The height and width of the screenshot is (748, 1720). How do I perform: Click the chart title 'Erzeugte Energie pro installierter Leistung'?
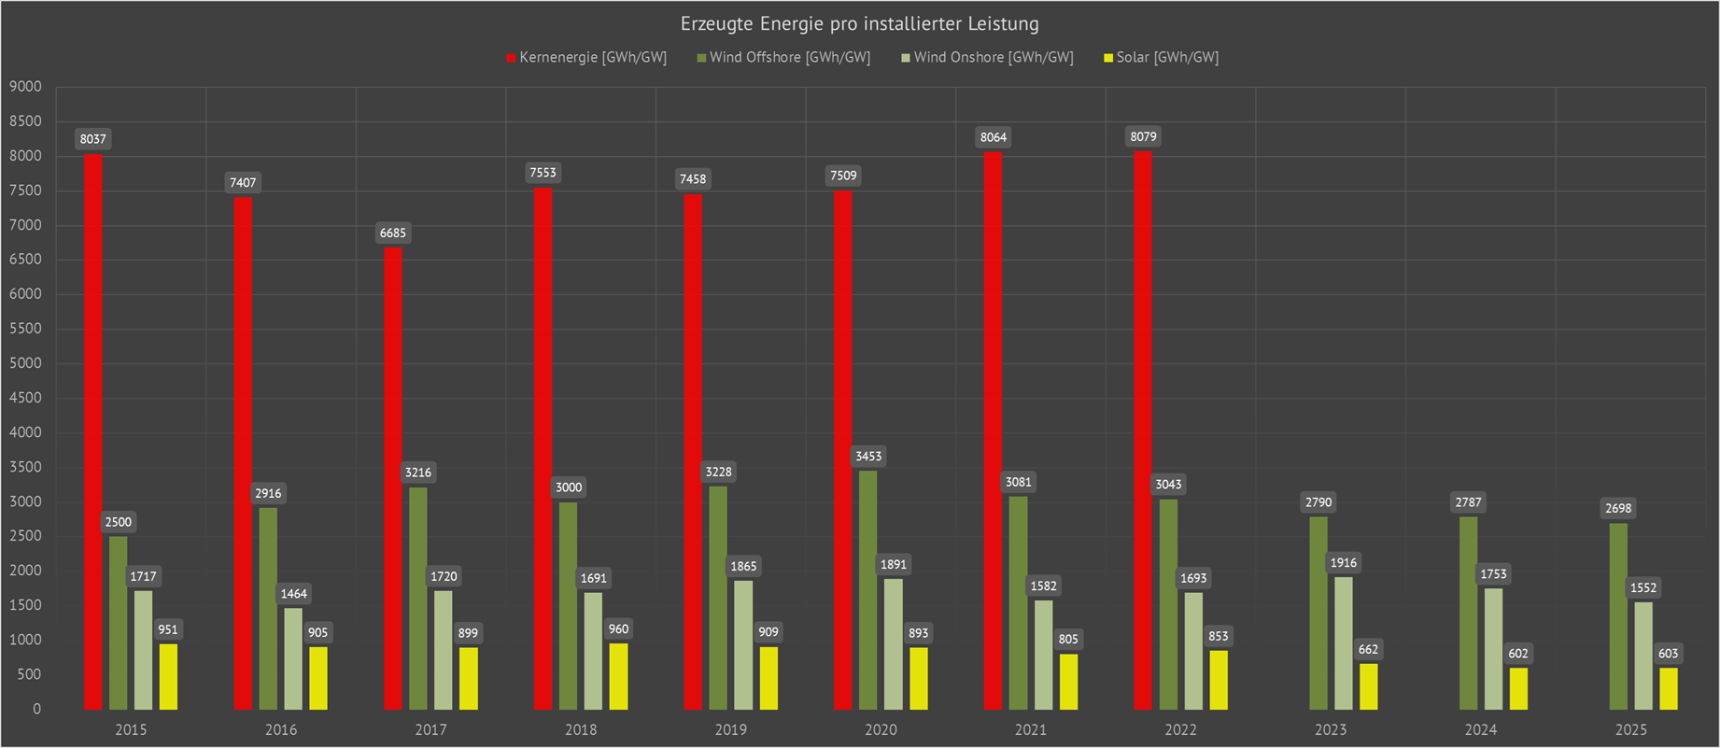pyautogui.click(x=859, y=24)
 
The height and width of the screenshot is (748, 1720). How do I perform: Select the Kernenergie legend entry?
pyautogui.click(x=586, y=58)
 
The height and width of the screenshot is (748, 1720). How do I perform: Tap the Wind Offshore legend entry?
pyautogui.click(x=783, y=58)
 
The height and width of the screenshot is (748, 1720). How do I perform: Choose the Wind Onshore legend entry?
pyautogui.click(x=987, y=58)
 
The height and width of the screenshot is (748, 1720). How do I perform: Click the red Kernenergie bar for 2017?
pyautogui.click(x=393, y=477)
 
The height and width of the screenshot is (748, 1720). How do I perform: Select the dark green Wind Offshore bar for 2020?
pyautogui.click(x=868, y=589)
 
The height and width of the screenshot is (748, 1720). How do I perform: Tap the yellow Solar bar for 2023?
pyautogui.click(x=1368, y=686)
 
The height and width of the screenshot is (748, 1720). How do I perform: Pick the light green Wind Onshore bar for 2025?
pyautogui.click(x=1643, y=656)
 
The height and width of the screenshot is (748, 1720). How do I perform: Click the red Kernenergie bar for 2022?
pyautogui.click(x=1143, y=430)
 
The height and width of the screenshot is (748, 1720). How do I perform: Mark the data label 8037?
pyautogui.click(x=93, y=139)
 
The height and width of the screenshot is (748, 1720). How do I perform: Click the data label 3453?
pyautogui.click(x=868, y=457)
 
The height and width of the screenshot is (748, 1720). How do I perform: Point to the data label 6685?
pyautogui.click(x=393, y=233)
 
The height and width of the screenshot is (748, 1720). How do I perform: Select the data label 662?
pyautogui.click(x=1368, y=649)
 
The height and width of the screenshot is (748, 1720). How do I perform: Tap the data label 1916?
pyautogui.click(x=1344, y=562)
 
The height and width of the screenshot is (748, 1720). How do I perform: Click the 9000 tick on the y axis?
pyautogui.click(x=25, y=87)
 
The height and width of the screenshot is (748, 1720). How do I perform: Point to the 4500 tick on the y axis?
pyautogui.click(x=25, y=398)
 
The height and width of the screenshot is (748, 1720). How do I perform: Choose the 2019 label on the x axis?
pyautogui.click(x=731, y=729)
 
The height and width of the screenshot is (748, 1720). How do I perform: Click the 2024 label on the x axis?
pyautogui.click(x=1481, y=729)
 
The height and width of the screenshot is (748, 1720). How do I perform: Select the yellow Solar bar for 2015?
pyautogui.click(x=168, y=676)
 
